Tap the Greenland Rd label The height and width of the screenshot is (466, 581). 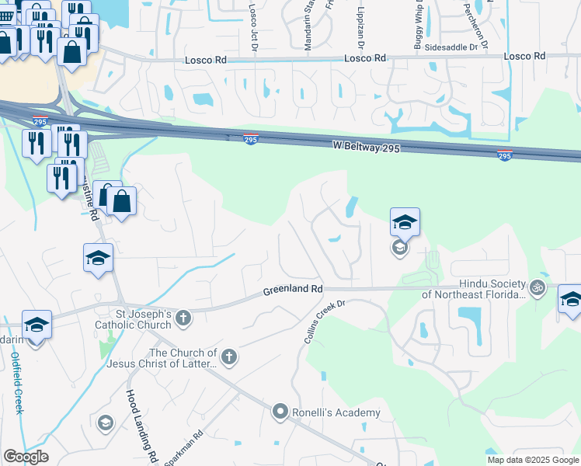(292, 289)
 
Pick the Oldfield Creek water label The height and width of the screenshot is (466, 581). (17, 384)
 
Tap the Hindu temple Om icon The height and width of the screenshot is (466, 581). (537, 290)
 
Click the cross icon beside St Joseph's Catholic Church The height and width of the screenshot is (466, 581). (183, 318)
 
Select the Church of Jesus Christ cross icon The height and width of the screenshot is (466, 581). (228, 357)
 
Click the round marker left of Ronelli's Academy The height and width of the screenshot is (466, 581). (281, 412)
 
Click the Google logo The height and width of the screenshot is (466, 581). (26, 457)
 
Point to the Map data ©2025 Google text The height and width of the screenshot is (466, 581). (534, 460)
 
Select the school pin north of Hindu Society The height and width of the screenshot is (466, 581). (405, 222)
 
